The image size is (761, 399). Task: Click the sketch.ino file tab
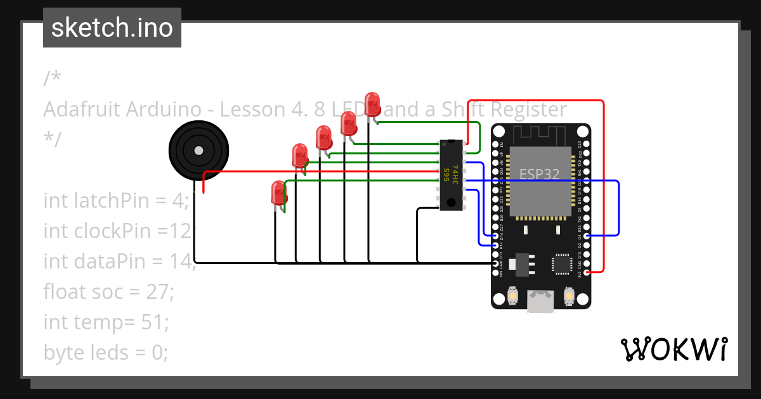click(112, 28)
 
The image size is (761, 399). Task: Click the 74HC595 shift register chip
click(451, 175)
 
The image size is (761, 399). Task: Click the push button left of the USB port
click(513, 295)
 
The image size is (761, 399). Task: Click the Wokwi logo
click(673, 349)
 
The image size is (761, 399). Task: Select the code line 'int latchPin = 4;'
click(116, 201)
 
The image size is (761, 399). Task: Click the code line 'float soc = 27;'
click(108, 292)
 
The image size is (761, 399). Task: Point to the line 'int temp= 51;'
click(106, 322)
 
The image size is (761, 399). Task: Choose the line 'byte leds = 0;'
click(105, 352)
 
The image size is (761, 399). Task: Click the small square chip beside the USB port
click(561, 263)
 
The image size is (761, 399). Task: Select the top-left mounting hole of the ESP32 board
click(499, 132)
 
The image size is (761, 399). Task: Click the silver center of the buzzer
click(198, 151)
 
